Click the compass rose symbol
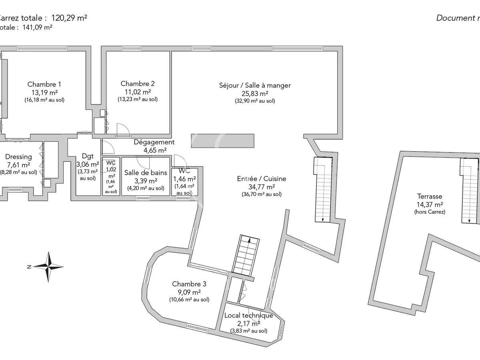[48, 266]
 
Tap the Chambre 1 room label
[44, 84]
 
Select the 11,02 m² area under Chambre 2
[138, 92]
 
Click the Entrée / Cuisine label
[262, 179]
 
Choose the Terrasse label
[430, 196]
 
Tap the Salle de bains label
[146, 172]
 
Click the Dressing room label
[18, 157]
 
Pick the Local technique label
[248, 315]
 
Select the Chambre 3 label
[189, 284]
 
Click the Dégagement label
[154, 142]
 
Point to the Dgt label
[87, 156]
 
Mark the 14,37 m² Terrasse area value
[430, 204]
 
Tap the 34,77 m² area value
[262, 186]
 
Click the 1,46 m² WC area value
[184, 179]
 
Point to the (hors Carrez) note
[430, 212]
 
